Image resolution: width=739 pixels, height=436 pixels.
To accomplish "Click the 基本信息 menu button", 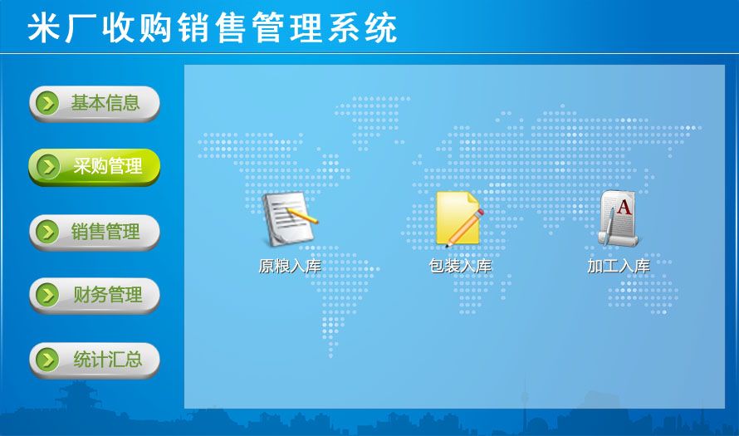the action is coord(95,103).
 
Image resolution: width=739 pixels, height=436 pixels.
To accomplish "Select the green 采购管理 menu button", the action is coord(95,166).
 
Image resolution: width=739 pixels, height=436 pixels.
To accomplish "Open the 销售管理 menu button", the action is coord(95,232).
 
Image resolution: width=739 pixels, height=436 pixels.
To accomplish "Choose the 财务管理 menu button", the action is coord(95,295).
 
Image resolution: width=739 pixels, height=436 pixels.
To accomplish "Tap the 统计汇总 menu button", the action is coord(95,360).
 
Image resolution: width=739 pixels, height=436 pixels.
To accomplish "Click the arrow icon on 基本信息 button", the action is coord(47,103).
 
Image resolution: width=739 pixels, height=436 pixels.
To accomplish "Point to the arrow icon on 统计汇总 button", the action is coord(47,360).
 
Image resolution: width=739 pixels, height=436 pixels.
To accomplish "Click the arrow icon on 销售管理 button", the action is coord(47,232).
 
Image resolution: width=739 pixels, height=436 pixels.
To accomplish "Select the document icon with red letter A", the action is coord(619,218).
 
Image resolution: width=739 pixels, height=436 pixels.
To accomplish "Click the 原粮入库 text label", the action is coord(290,267).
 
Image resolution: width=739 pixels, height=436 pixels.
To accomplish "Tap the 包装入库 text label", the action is coord(460,267).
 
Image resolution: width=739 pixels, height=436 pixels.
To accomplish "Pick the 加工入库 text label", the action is coord(619,267).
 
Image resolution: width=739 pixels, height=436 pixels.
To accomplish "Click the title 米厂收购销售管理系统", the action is coord(212,27).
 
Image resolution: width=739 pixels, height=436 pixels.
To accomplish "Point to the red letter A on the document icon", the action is coord(624,207).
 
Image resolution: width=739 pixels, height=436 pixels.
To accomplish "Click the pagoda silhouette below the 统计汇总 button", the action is coord(78,399).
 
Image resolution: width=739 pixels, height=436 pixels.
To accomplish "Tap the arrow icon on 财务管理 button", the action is coord(47,295).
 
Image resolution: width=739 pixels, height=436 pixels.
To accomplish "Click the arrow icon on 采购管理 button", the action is coord(47,166).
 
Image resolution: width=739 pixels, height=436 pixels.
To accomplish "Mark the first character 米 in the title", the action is coord(44,27).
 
